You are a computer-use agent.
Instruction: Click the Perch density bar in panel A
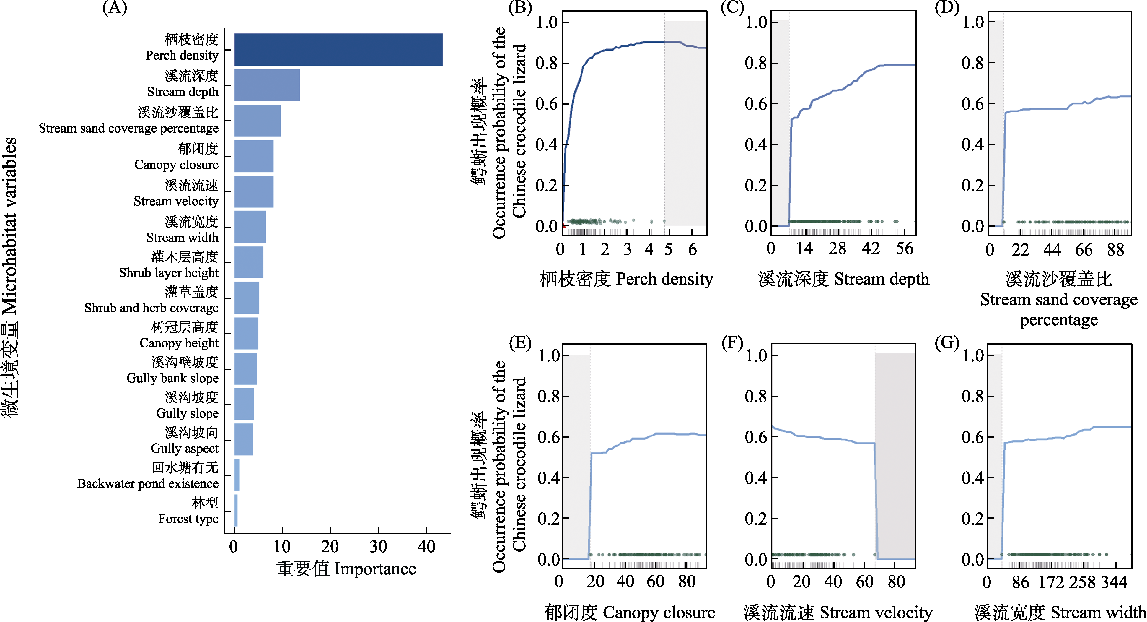tap(338, 49)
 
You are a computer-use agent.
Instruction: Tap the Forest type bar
tap(236, 511)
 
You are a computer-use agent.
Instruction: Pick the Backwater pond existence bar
tap(237, 475)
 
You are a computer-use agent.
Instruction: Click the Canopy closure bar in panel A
tap(254, 156)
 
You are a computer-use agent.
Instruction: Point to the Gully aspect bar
tap(244, 439)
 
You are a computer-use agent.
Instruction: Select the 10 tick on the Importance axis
tap(282, 546)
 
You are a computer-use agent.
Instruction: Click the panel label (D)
tap(946, 8)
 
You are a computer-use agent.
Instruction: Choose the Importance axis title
tap(346, 569)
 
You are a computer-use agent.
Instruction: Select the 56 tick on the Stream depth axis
tap(904, 249)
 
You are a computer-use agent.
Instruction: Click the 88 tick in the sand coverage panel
tap(1115, 249)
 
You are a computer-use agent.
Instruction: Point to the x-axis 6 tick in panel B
tap(692, 249)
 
